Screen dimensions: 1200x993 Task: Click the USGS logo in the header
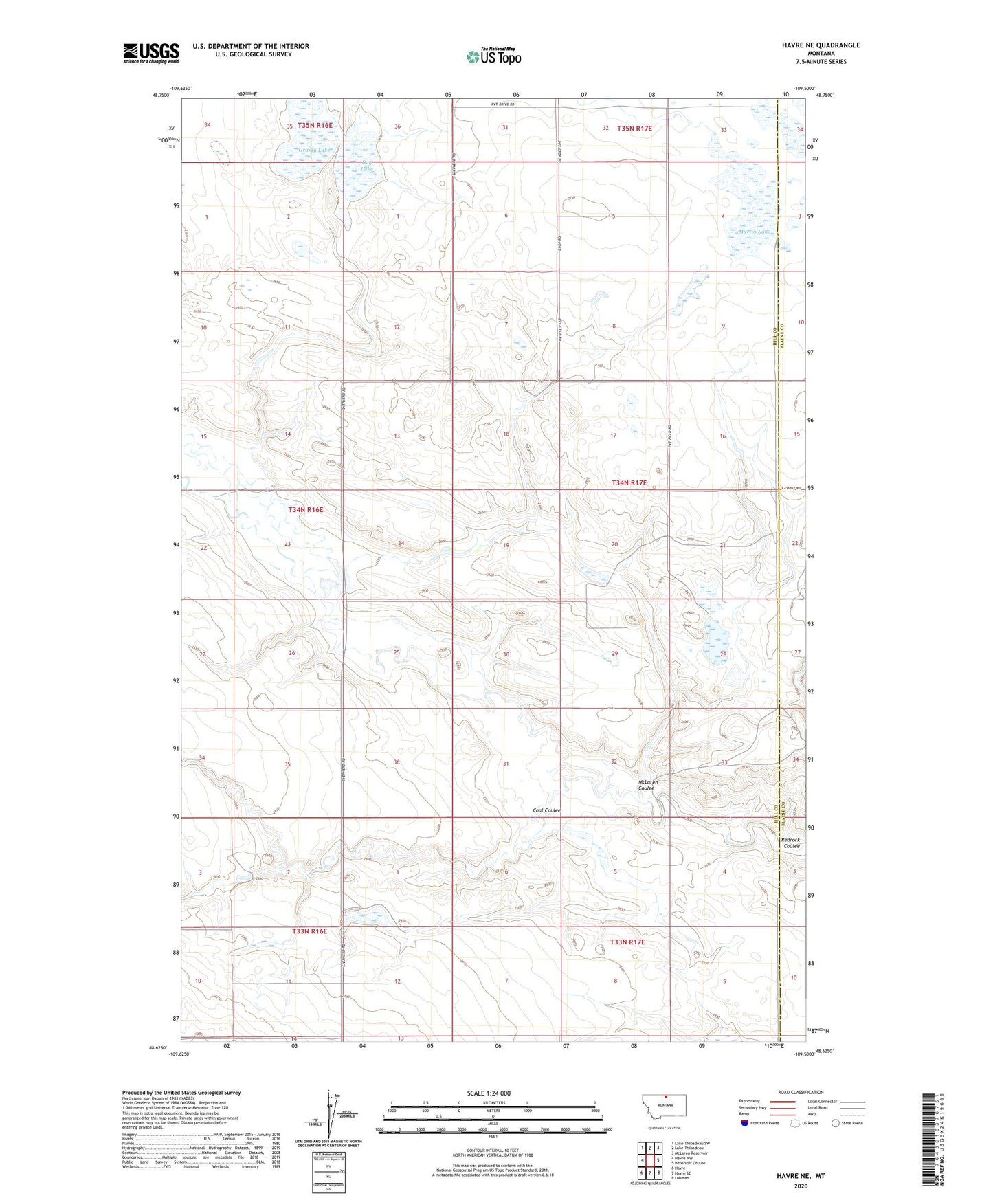[151, 53]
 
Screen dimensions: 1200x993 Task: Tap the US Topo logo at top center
[493, 56]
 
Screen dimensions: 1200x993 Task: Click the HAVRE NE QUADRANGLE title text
[816, 45]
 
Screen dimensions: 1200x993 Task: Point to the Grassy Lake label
[313, 150]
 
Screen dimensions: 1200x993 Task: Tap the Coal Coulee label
[547, 810]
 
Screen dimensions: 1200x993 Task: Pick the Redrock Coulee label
[791, 843]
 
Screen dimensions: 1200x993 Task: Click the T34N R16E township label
[305, 510]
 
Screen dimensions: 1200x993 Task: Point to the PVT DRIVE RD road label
[497, 104]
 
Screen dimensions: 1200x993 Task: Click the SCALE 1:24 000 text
[489, 1093]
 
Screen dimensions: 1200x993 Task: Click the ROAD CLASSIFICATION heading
[801, 1092]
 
